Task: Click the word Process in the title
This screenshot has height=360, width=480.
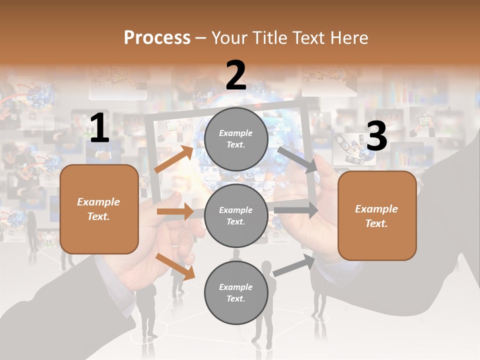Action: pyautogui.click(x=157, y=38)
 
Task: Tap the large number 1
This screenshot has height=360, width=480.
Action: pyautogui.click(x=99, y=128)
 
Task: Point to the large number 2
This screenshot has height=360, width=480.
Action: pyautogui.click(x=236, y=75)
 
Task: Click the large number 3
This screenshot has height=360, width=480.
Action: pyautogui.click(x=376, y=136)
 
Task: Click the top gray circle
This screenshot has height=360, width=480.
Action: pyautogui.click(x=236, y=139)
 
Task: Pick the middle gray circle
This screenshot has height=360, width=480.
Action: pyautogui.click(x=236, y=215)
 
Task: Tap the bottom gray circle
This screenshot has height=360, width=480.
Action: pyautogui.click(x=236, y=292)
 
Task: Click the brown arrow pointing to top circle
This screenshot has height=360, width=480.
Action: pyautogui.click(x=173, y=159)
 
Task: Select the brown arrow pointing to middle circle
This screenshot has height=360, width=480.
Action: pyautogui.click(x=174, y=211)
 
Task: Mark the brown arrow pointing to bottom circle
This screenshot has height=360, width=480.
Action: pyautogui.click(x=175, y=266)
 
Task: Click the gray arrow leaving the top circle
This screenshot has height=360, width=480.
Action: pyautogui.click(x=298, y=159)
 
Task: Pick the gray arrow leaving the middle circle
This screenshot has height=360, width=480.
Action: pyautogui.click(x=296, y=210)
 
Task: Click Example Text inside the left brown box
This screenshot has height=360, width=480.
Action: pyautogui.click(x=98, y=209)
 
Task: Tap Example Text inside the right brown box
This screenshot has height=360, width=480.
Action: pyautogui.click(x=376, y=216)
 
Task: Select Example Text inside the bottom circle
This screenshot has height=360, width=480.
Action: pyautogui.click(x=236, y=292)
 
